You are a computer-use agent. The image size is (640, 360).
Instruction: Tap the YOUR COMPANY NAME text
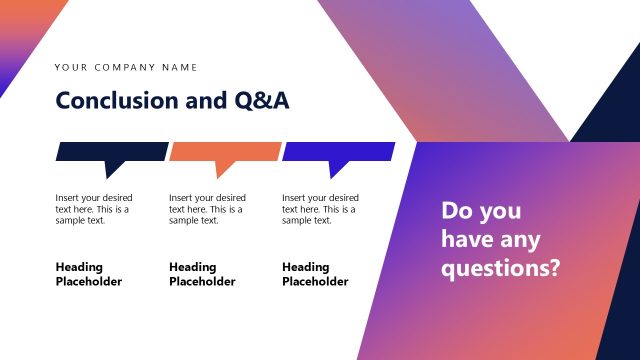click(x=126, y=68)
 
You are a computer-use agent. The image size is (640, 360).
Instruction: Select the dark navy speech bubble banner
click(x=111, y=151)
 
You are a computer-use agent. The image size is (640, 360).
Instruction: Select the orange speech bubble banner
click(x=225, y=151)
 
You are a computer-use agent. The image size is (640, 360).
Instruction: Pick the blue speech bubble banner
click(x=338, y=151)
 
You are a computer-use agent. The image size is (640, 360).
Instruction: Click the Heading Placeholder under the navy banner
click(x=88, y=274)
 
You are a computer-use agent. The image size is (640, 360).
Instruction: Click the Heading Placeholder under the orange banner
click(x=202, y=274)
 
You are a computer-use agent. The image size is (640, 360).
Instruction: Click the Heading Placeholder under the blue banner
click(x=315, y=274)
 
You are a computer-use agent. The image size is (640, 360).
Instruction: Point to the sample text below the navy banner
click(x=94, y=209)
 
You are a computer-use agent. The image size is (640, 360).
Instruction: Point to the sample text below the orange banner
click(x=207, y=209)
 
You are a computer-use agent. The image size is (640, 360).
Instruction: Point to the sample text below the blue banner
click(x=320, y=209)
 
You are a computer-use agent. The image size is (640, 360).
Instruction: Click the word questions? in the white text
click(x=500, y=268)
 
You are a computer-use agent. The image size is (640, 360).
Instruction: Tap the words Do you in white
click(x=481, y=211)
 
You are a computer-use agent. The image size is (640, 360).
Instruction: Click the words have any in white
click(x=490, y=240)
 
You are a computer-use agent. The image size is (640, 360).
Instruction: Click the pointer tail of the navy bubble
click(x=112, y=168)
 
